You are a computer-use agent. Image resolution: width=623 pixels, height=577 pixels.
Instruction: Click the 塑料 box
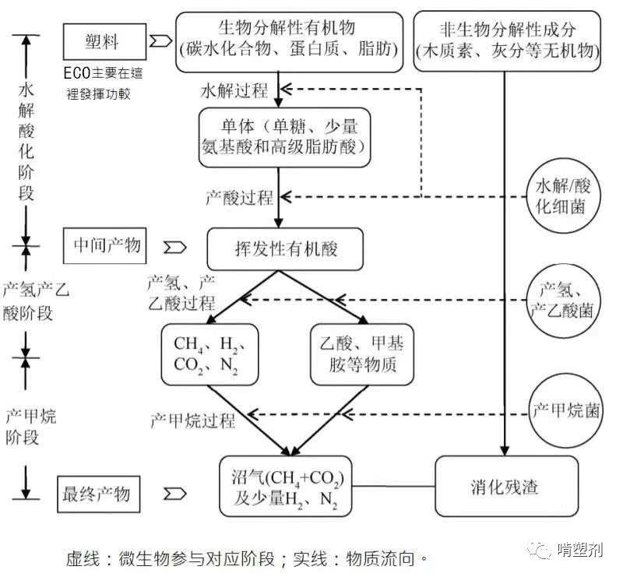[104, 39]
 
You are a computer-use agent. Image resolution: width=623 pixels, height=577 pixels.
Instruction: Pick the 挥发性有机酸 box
[286, 248]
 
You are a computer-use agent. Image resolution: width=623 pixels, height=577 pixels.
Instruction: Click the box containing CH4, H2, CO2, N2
[209, 354]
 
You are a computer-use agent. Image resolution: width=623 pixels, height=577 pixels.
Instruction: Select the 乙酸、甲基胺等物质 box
[361, 354]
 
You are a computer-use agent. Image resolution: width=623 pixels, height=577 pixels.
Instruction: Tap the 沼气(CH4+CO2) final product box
[287, 487]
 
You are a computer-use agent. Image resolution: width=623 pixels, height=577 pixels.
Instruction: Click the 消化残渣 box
[506, 487]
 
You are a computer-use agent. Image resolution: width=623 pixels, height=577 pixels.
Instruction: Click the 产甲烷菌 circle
[567, 410]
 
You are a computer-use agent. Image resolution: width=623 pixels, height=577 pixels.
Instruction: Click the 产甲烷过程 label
[192, 421]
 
